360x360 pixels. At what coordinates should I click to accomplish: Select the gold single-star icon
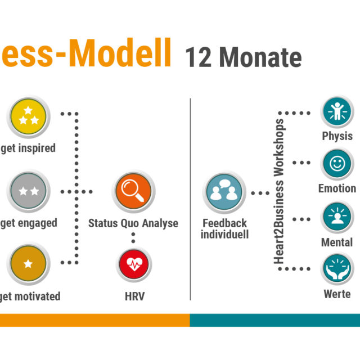pos(29,263)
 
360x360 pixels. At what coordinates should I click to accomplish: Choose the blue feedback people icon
pos(224,192)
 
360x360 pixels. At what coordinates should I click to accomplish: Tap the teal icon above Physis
pos(337,112)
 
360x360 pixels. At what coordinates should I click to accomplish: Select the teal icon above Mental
pos(337,218)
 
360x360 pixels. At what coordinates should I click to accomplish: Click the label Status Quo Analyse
pos(133,223)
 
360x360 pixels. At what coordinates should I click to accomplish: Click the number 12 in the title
pos(199,57)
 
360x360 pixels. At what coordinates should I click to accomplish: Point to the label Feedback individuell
pos(224,228)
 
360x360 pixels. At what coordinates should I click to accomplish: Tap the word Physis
pos(337,136)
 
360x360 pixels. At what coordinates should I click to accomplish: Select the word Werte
pos(337,294)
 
